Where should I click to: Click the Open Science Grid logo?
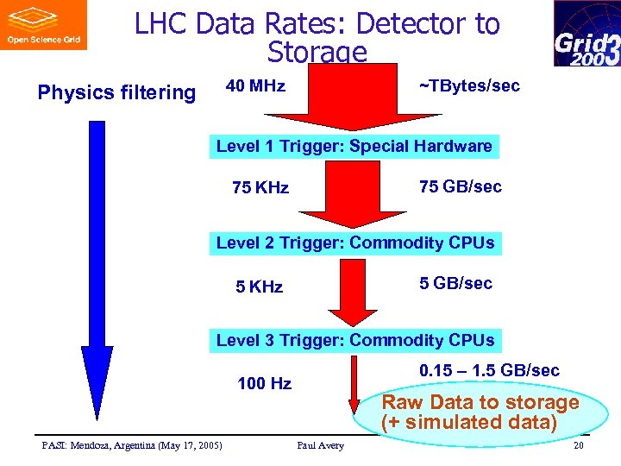click(43, 25)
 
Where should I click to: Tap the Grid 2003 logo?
click(586, 34)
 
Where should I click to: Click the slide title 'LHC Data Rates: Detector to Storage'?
click(317, 37)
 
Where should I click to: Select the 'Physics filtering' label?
click(116, 92)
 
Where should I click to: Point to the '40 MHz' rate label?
click(255, 86)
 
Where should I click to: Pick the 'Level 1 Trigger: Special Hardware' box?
click(354, 146)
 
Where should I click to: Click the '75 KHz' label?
click(260, 187)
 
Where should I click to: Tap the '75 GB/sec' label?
click(460, 186)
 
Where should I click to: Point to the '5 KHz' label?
click(259, 287)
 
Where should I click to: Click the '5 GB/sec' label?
click(455, 283)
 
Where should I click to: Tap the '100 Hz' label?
click(264, 383)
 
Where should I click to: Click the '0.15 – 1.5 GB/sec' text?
click(489, 370)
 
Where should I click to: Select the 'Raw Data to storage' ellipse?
click(480, 412)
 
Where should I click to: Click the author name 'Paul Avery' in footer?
click(320, 445)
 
